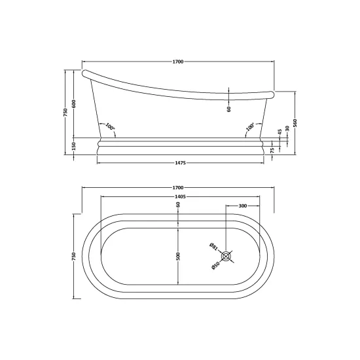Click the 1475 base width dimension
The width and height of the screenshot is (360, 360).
point(180,163)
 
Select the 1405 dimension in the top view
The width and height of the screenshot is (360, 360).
point(180,196)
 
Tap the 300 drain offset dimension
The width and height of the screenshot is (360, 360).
point(243,206)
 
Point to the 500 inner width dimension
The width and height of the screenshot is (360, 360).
point(179,256)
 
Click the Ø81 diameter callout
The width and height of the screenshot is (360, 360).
point(213,247)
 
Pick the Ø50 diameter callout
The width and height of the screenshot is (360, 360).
point(215,266)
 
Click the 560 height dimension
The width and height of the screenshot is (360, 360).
point(295,123)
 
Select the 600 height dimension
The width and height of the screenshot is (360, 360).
point(74,104)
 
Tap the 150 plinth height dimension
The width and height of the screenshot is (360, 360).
point(74,146)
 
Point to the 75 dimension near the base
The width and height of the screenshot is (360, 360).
point(272,151)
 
